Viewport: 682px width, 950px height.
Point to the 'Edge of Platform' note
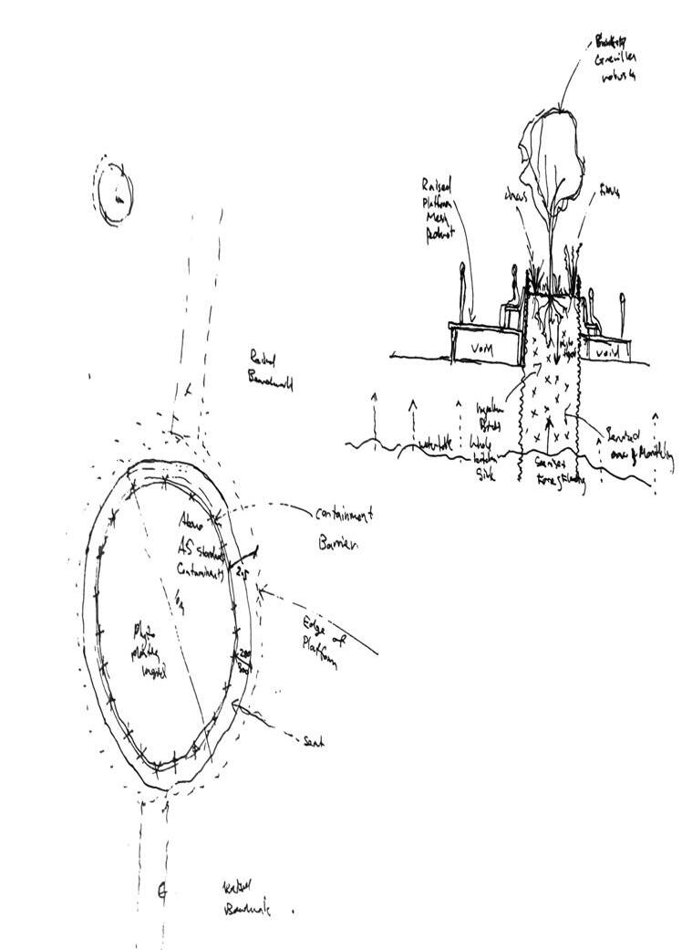[319, 644]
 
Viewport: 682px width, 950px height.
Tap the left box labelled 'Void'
[483, 347]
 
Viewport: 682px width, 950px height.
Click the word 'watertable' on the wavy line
[436, 444]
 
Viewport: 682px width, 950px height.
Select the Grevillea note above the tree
[615, 58]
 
